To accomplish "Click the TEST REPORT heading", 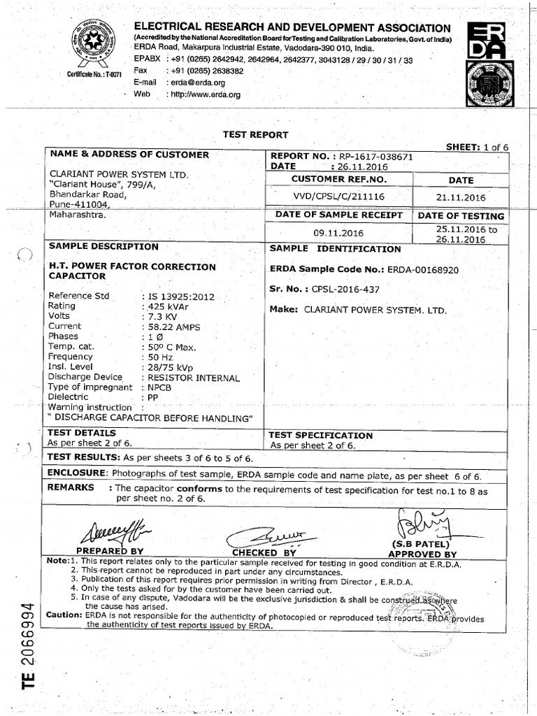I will tap(255, 135).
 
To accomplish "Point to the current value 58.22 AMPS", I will tap(175, 327).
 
